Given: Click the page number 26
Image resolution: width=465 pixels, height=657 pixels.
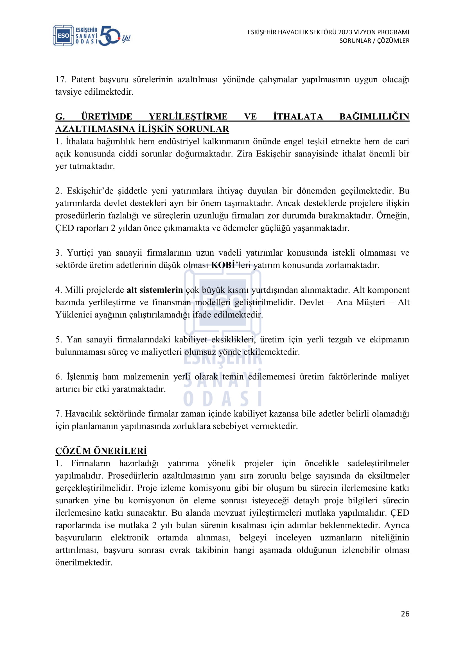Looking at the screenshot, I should point(405,613).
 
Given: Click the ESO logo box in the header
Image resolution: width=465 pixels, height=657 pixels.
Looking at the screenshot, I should point(63,35).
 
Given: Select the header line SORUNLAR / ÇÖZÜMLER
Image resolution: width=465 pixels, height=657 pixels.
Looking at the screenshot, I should point(374,41).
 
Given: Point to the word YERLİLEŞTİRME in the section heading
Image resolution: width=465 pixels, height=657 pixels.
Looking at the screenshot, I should point(188,117).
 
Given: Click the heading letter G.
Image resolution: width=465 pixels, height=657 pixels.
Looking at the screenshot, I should point(60,117).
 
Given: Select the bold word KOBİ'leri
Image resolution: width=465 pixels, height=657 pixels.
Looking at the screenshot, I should point(223,265).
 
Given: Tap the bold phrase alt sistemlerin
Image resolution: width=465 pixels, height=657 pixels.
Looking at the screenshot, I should point(155,290).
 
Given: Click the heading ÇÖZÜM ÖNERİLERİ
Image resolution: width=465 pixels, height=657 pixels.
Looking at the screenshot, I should point(101,451).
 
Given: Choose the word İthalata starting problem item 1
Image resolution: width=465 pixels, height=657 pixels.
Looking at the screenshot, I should point(79,141).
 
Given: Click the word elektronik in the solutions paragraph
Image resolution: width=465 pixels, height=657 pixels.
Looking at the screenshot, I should point(129,537).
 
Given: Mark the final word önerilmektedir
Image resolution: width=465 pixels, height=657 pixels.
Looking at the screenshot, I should point(83,562).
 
